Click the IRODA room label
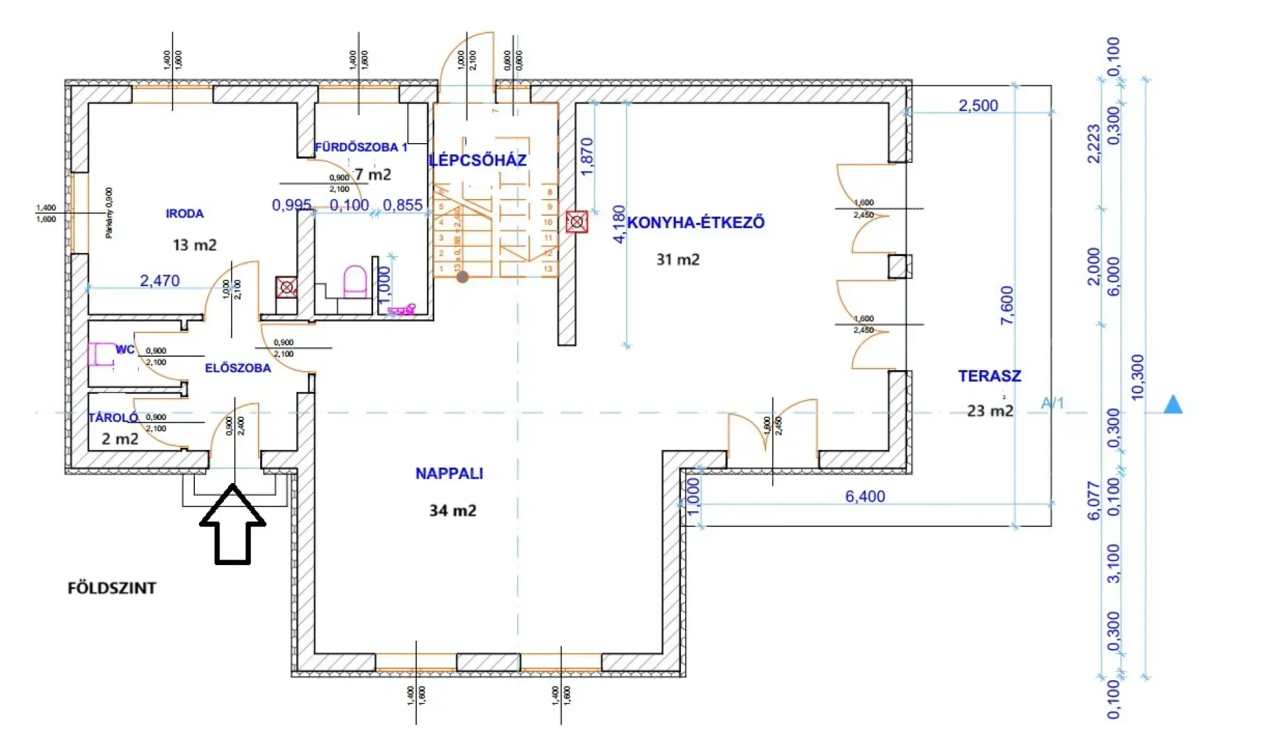click(185, 214)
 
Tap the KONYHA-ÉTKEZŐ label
click(696, 222)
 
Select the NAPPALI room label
click(449, 473)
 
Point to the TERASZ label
click(989, 376)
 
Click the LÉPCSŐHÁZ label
click(478, 160)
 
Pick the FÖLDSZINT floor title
click(112, 588)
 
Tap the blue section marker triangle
click(1173, 405)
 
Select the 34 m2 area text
click(452, 510)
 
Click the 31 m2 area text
click(678, 260)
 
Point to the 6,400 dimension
click(865, 496)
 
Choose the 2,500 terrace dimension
click(978, 105)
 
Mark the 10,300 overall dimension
click(1137, 377)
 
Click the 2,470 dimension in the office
click(160, 281)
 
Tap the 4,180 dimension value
click(619, 224)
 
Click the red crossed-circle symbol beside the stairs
click(577, 222)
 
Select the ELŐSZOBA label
click(237, 368)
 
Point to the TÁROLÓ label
click(113, 418)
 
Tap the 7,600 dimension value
click(1007, 305)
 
